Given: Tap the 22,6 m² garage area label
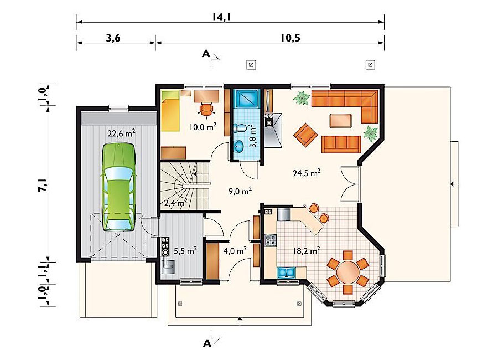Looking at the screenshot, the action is pyautogui.click(x=121, y=133).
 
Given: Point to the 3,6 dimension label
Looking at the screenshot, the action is pyautogui.click(x=113, y=38).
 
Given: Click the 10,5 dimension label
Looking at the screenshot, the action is pyautogui.click(x=290, y=38).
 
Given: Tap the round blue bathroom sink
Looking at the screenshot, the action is pyautogui.click(x=238, y=147).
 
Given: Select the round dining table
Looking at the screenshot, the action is pyautogui.click(x=348, y=272).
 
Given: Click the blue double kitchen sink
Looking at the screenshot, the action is pyautogui.click(x=287, y=272).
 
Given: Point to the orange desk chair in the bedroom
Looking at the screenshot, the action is pyautogui.click(x=206, y=109).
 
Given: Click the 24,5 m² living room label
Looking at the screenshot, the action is pyautogui.click(x=306, y=173).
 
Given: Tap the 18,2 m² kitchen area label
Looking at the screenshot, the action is pyautogui.click(x=306, y=251).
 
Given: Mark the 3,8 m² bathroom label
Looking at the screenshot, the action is pyautogui.click(x=252, y=136).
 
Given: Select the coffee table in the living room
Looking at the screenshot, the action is pyautogui.click(x=340, y=121).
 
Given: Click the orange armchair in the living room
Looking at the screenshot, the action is pyautogui.click(x=305, y=135).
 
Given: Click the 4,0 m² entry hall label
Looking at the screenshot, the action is pyautogui.click(x=235, y=251).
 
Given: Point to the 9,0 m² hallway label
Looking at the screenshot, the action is pyautogui.click(x=240, y=191).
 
